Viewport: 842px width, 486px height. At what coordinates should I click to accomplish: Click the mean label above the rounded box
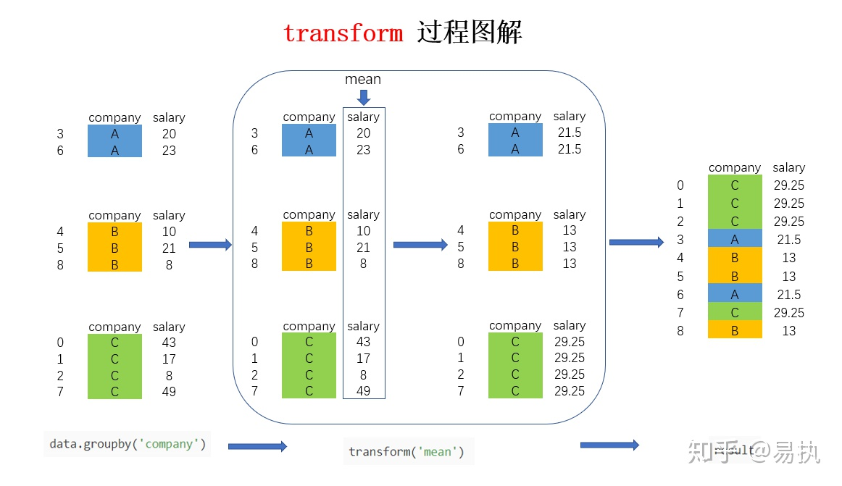pyautogui.click(x=363, y=80)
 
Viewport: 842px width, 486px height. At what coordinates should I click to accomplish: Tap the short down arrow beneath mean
pyautogui.click(x=364, y=97)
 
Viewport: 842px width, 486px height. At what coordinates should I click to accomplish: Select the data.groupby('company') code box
pyautogui.click(x=128, y=444)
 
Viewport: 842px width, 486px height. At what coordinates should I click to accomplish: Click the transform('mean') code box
pyautogui.click(x=409, y=452)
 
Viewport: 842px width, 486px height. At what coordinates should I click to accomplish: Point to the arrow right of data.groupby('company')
pyautogui.click(x=257, y=446)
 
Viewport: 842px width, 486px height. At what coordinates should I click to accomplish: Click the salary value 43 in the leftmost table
pyautogui.click(x=169, y=343)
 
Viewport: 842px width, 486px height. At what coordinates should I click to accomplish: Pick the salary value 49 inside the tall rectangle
pyautogui.click(x=363, y=391)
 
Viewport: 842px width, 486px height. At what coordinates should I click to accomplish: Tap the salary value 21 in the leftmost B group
pyautogui.click(x=169, y=248)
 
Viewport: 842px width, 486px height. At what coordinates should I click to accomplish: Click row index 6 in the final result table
pyautogui.click(x=680, y=295)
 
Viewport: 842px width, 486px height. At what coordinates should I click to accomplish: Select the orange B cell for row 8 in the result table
pyautogui.click(x=735, y=331)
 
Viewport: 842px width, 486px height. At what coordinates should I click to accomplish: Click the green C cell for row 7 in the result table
pyautogui.click(x=735, y=313)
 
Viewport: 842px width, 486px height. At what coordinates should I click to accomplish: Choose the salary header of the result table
pyautogui.click(x=788, y=168)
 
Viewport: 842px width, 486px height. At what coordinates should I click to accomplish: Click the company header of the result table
pyautogui.click(x=735, y=168)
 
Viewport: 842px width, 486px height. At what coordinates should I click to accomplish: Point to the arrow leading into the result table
pyautogui.click(x=636, y=243)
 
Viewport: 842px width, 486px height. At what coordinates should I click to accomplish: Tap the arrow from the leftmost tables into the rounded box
pyautogui.click(x=210, y=245)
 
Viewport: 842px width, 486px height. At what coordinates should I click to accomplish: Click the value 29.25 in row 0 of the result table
pyautogui.click(x=788, y=185)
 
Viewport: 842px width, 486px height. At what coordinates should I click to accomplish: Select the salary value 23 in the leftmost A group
pyautogui.click(x=169, y=151)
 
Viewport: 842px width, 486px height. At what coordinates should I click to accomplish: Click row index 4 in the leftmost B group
pyautogui.click(x=60, y=232)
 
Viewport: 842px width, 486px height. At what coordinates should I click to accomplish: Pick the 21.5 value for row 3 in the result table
pyautogui.click(x=788, y=240)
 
